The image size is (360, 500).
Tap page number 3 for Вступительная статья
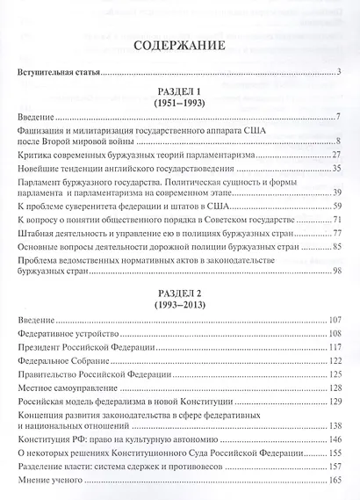pos(338,74)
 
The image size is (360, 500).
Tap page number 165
pos(334,490)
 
